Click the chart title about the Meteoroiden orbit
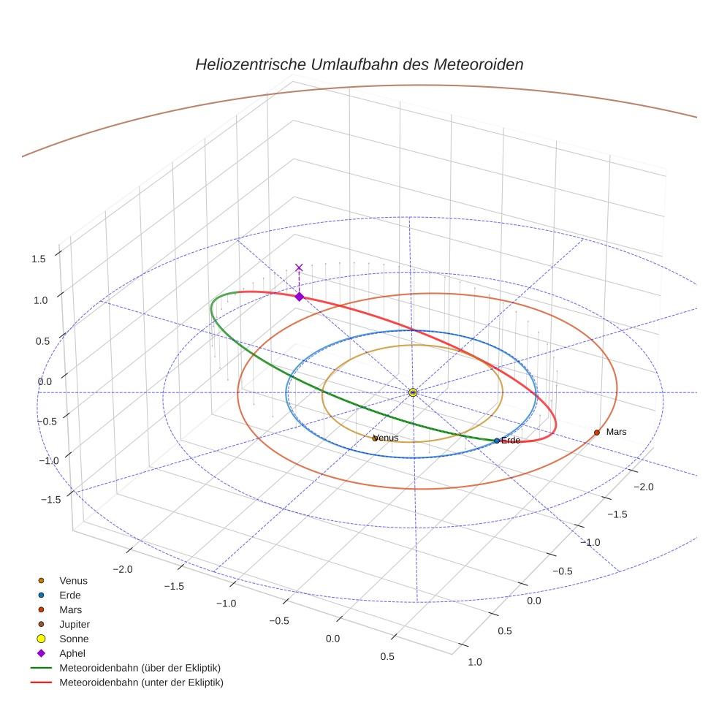(x=359, y=64)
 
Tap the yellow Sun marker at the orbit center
(x=413, y=392)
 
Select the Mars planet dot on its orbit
(x=597, y=433)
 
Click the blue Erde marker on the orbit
(x=497, y=441)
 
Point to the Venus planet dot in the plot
(x=375, y=438)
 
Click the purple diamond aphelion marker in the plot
(x=299, y=297)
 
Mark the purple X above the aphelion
(x=299, y=268)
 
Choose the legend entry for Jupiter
(x=74, y=624)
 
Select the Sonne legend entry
(x=73, y=639)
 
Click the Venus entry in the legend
(x=72, y=580)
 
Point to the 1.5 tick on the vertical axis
(x=39, y=258)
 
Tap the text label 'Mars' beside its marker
(x=616, y=432)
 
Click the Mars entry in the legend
(x=70, y=609)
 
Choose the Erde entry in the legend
(x=69, y=595)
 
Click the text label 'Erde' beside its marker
(x=511, y=441)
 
